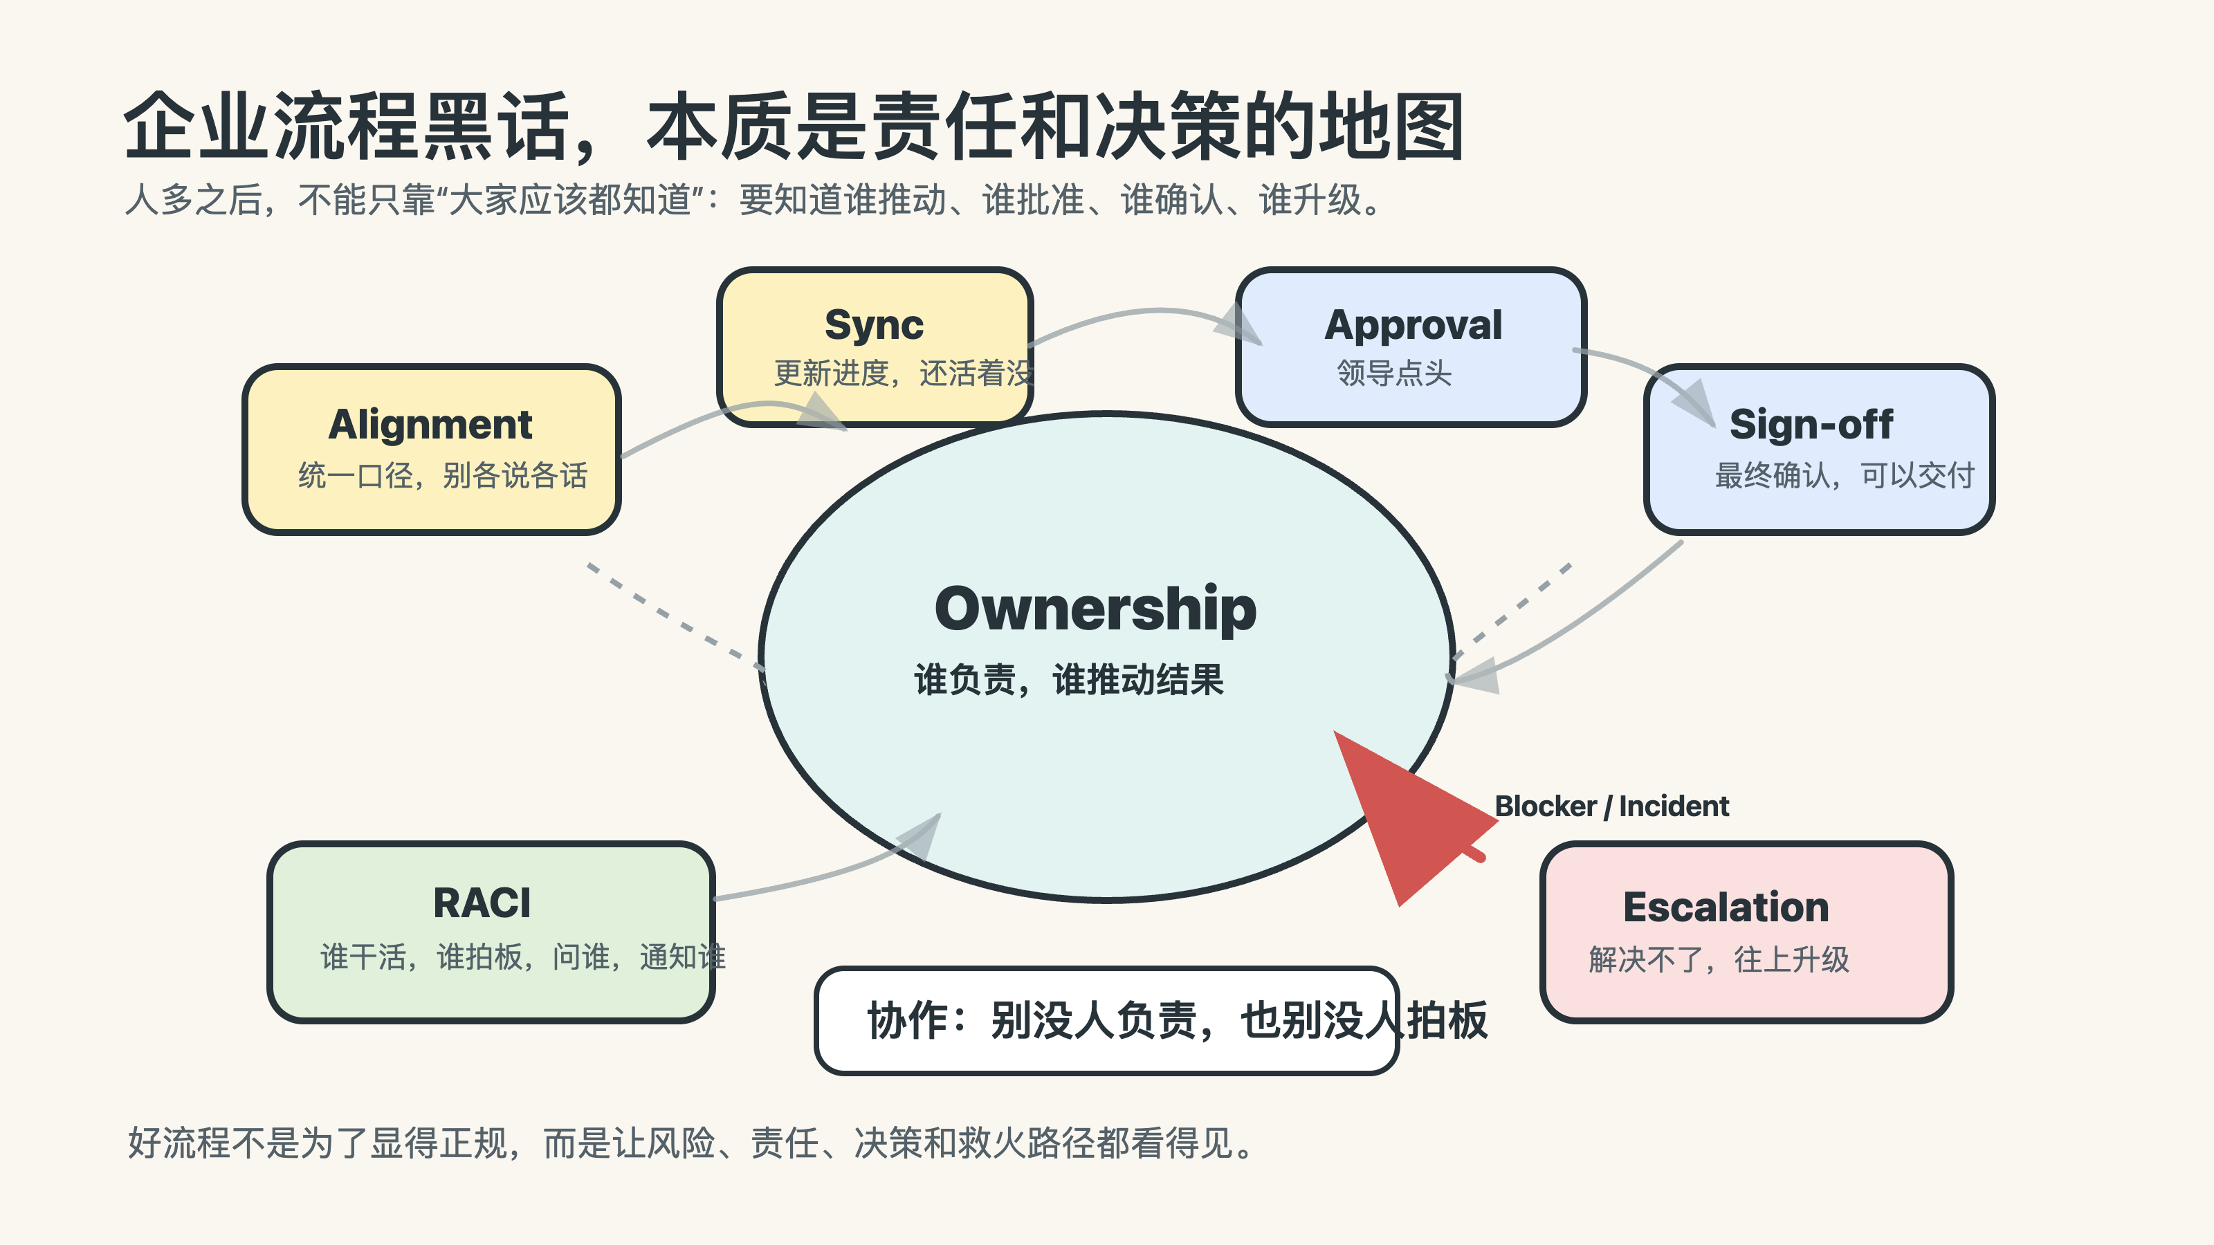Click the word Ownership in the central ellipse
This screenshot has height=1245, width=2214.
pyautogui.click(x=1095, y=609)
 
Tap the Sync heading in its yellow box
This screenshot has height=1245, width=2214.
pyautogui.click(x=873, y=325)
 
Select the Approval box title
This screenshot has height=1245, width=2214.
pyautogui.click(x=1413, y=325)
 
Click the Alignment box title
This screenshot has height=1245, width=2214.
pyautogui.click(x=430, y=425)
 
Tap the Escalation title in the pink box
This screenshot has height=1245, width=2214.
pyautogui.click(x=1726, y=907)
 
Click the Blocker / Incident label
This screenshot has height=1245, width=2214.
pyautogui.click(x=1611, y=806)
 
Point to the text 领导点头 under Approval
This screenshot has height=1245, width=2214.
pyautogui.click(x=1394, y=373)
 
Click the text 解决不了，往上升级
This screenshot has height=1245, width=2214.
pyautogui.click(x=1719, y=959)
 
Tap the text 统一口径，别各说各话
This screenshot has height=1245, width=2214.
pyautogui.click(x=443, y=475)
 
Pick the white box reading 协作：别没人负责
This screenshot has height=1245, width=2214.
pyautogui.click(x=1106, y=1021)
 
